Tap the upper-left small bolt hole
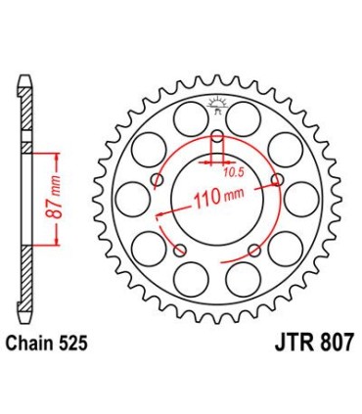pos(157,178)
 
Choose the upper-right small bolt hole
pos(279,178)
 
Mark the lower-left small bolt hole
pos(180,249)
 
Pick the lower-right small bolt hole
pos(255,249)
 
